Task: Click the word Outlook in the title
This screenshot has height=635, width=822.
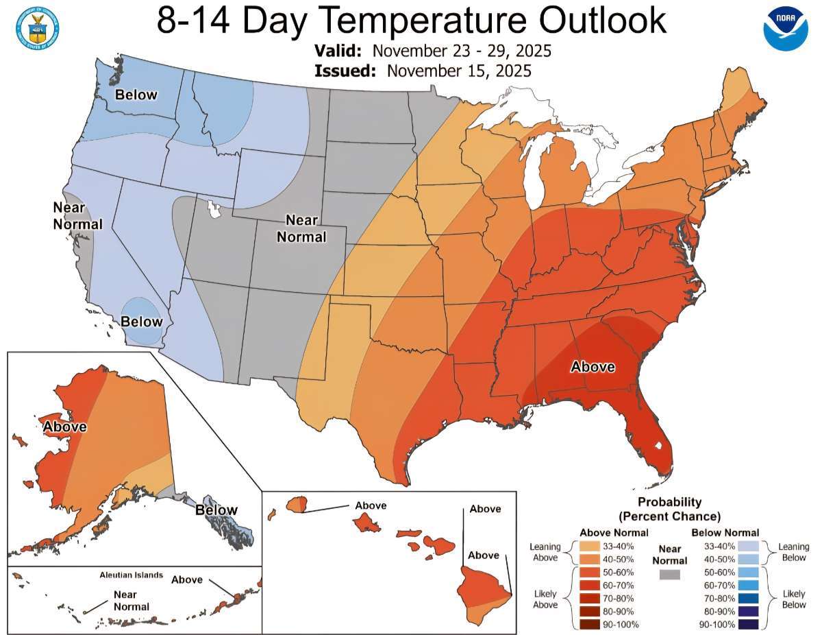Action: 600,21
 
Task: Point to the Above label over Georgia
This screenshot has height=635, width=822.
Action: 593,367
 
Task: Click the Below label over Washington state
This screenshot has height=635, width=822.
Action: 136,95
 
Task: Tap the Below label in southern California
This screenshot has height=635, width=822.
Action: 142,322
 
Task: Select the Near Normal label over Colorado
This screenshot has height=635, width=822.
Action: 306,229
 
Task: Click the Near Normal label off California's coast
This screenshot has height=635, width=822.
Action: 78,215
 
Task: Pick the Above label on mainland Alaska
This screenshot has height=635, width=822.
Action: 65,427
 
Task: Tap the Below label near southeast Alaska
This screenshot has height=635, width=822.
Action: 216,510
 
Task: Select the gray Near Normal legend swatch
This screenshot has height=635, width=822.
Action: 668,575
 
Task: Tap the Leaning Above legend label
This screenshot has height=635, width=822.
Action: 545,553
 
